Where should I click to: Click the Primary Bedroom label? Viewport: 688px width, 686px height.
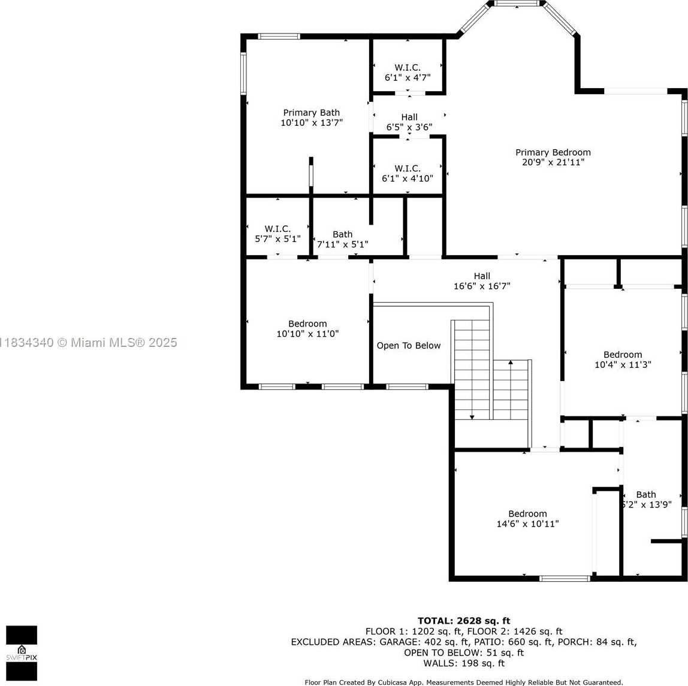pos(553,152)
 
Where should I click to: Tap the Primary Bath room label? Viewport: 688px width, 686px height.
pos(311,113)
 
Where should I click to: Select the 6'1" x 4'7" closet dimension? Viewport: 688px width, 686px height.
pos(408,78)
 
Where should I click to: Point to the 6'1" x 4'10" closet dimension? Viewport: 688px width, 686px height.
pos(407,179)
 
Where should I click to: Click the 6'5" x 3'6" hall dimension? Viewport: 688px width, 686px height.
pos(409,127)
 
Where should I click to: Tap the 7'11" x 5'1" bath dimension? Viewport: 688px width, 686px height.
pos(342,244)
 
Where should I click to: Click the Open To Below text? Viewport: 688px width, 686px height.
pos(409,346)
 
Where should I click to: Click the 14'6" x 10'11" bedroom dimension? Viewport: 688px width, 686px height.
pos(527,524)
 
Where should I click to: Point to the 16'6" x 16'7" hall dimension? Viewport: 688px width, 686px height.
pos(482,286)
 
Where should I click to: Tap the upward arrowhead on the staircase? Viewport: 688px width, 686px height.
pos(510,362)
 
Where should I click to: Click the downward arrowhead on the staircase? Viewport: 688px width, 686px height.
pos(472,416)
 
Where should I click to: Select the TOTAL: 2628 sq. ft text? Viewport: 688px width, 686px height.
pos(464,621)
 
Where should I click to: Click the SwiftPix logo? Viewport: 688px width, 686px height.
pos(22,653)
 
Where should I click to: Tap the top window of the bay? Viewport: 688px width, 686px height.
pos(517,4)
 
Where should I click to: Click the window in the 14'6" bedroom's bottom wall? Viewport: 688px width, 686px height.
pos(565,579)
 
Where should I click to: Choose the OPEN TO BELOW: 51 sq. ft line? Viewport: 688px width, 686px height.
pos(464,652)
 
